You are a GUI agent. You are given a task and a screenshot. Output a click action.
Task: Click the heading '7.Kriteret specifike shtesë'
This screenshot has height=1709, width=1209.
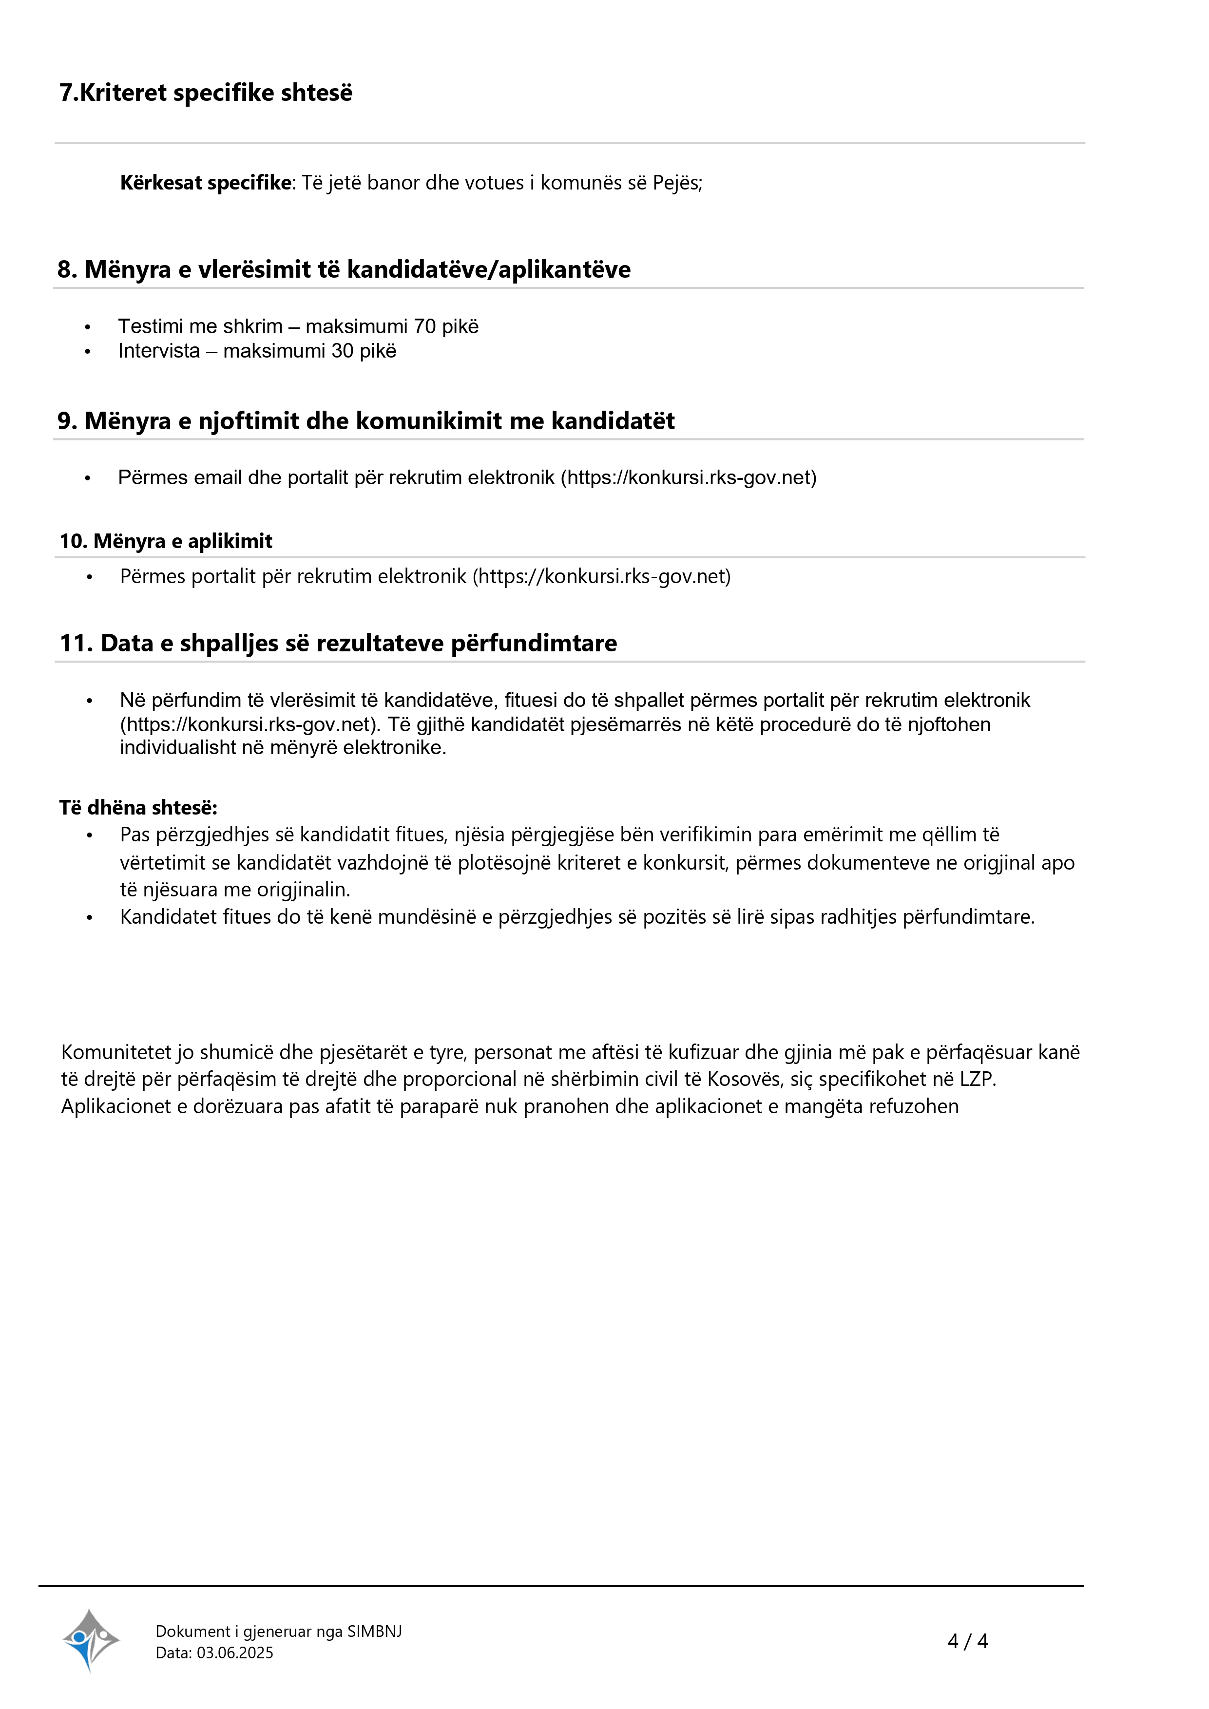pos(206,93)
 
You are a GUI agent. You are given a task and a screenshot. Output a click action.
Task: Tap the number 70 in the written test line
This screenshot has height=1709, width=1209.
pos(424,327)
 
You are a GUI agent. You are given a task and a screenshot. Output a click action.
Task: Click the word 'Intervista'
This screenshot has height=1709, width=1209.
pos(158,351)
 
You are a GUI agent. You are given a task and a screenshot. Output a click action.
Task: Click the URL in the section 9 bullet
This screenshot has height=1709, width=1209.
pos(689,478)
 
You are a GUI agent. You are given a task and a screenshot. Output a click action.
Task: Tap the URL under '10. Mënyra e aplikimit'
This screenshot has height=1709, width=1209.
pos(601,577)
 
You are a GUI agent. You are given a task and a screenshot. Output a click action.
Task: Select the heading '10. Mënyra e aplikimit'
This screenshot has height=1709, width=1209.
pos(166,541)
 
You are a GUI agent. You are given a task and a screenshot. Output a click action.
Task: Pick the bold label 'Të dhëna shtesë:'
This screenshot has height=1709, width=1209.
pos(138,808)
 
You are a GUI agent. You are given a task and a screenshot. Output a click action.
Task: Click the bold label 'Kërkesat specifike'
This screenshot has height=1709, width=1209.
pos(206,183)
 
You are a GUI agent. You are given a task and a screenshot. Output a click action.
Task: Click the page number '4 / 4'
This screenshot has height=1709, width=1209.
pos(967,1641)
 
